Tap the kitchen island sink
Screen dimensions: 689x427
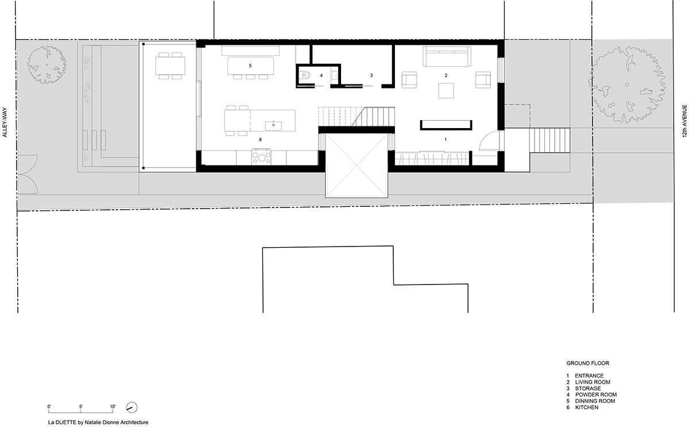pos(273,126)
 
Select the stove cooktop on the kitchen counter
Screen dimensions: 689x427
pos(261,157)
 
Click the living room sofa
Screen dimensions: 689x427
pos(447,56)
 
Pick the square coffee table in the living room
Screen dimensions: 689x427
pos(446,91)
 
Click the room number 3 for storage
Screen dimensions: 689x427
pos(371,75)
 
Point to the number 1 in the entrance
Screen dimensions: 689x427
pos(446,140)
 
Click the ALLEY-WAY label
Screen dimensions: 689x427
pos(5,122)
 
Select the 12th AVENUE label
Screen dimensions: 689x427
pos(684,121)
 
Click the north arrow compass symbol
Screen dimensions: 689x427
pos(132,407)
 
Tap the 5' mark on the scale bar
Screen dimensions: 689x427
pos(81,407)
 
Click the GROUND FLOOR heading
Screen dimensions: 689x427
pos(588,363)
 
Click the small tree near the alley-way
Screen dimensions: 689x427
pos(47,64)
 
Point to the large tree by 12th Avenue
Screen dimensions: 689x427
pos(627,84)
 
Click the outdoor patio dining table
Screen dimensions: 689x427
pos(170,66)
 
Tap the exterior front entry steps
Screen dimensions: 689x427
pos(549,140)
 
